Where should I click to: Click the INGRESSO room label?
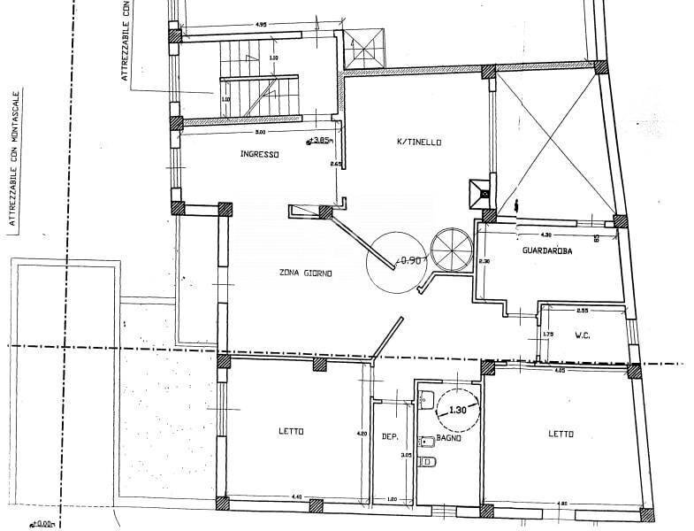coord(259,154)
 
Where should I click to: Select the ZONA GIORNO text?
coord(305,273)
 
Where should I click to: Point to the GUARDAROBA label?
coord(547,250)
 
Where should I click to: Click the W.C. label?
coord(583,335)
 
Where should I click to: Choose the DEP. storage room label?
coord(391,437)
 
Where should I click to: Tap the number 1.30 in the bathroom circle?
coord(457,411)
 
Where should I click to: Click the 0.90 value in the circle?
coord(409,260)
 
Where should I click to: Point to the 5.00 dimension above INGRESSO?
coord(259,132)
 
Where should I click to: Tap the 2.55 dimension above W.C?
coord(582,311)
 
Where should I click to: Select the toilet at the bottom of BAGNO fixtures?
coord(429,461)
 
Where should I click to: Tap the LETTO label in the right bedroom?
coord(561,434)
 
